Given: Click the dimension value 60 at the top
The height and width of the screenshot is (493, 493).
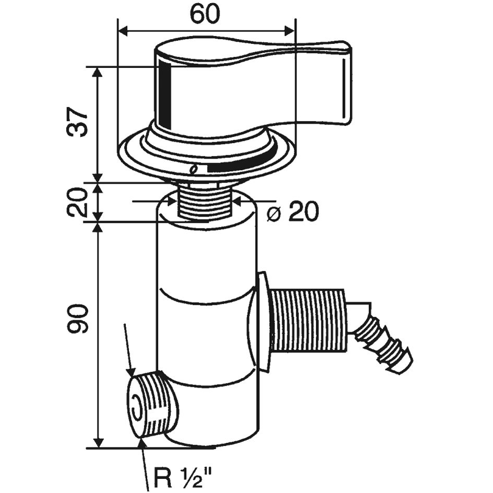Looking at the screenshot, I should pyautogui.click(x=205, y=15).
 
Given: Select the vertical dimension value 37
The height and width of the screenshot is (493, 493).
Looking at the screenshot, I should pyautogui.click(x=77, y=123).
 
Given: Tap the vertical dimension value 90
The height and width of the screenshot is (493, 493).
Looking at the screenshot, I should pyautogui.click(x=77, y=319).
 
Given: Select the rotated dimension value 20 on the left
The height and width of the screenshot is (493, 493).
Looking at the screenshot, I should pyautogui.click(x=77, y=202).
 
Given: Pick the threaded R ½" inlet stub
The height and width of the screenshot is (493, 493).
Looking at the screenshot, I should pyautogui.click(x=154, y=404).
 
